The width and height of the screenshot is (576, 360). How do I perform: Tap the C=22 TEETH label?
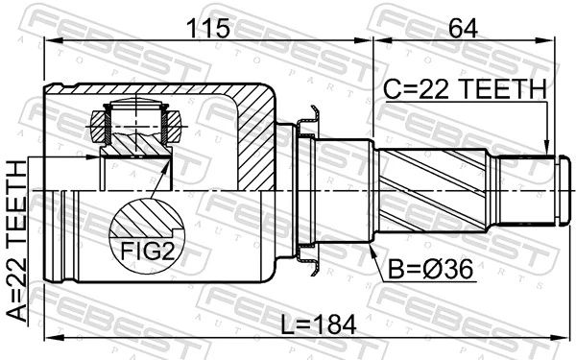pyautogui.click(x=465, y=90)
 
